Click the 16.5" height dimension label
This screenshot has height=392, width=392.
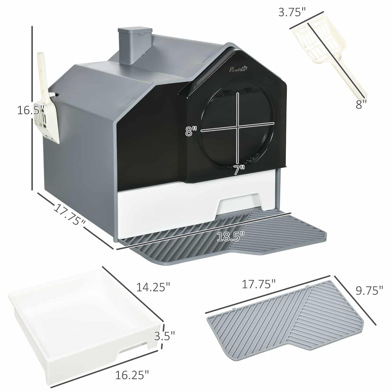click(30, 110)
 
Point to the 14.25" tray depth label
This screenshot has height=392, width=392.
click(153, 287)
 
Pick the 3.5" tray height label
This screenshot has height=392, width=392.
click(164, 336)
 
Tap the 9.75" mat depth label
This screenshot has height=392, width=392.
click(370, 290)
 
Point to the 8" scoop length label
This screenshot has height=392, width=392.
click(361, 105)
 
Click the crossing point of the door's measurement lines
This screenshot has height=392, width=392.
click(238, 128)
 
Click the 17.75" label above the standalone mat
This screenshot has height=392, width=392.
click(258, 284)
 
